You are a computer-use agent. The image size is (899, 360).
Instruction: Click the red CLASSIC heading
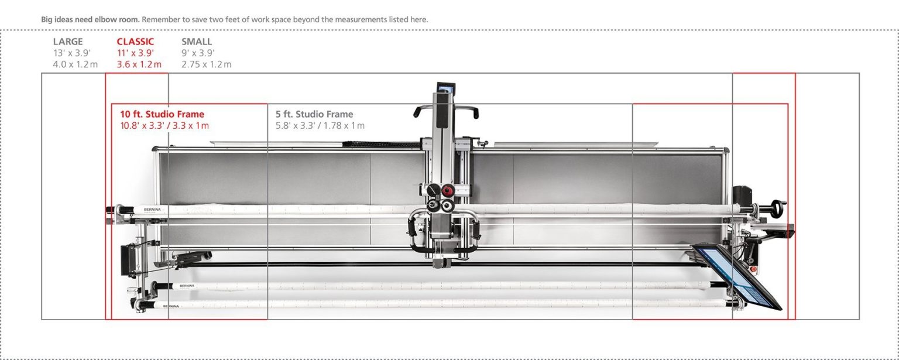coord(135,42)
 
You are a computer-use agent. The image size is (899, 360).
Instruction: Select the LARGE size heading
coord(68,42)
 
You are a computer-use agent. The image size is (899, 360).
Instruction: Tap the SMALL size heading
coord(197,42)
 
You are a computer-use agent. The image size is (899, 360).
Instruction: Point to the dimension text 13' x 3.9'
coord(71,53)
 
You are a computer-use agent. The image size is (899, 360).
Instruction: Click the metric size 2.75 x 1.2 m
coord(206,64)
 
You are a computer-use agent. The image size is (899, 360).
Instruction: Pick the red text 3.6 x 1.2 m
coord(139,64)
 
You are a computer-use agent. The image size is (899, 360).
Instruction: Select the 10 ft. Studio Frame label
coord(162,114)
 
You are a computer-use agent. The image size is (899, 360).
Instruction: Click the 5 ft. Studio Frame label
coord(314,114)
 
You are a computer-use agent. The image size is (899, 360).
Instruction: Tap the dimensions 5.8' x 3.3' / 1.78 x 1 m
coord(320,126)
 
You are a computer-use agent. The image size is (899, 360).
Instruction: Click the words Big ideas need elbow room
coord(90,19)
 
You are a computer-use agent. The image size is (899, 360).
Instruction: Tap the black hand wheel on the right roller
coord(778,208)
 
